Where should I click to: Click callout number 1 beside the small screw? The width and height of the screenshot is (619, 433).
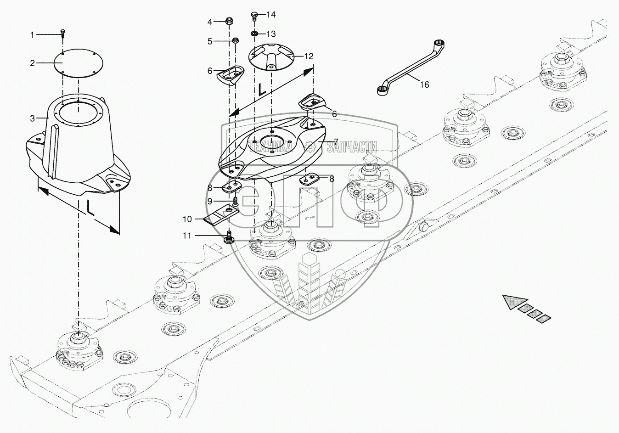[x=33, y=34]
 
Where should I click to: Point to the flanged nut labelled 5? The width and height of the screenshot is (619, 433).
[x=235, y=41]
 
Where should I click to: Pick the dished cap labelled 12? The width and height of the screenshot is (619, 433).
[x=271, y=56]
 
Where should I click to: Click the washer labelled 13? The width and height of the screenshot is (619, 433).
[x=254, y=34]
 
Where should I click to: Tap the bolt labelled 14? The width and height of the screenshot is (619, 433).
[x=254, y=17]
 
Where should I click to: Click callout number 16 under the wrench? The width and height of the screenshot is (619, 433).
[x=425, y=84]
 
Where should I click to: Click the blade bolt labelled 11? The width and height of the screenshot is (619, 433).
[x=228, y=238]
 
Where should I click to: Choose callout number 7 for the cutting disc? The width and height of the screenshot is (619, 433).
[x=336, y=141]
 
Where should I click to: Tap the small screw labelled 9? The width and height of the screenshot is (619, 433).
[x=235, y=201]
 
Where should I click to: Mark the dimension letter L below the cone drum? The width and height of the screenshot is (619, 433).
[x=90, y=208]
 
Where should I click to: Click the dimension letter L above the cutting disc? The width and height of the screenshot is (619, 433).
[x=262, y=89]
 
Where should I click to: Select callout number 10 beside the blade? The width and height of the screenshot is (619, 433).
[x=187, y=219]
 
